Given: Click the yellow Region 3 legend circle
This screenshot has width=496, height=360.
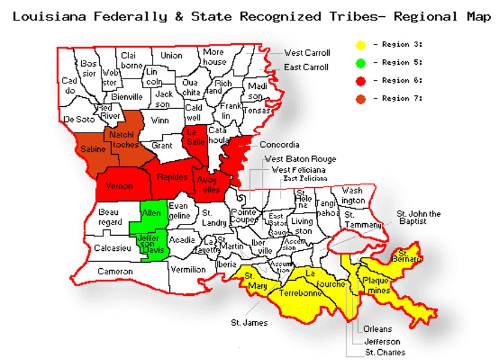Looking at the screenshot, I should point(360,45).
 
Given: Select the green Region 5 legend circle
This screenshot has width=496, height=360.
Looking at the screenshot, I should point(360,62).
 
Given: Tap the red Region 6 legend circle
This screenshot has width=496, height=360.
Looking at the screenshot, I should point(360,80).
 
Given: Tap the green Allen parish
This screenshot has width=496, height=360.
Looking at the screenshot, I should point(151,214).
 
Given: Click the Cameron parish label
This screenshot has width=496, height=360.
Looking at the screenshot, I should point(115,272).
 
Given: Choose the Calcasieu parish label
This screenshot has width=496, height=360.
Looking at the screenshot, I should point(112,248).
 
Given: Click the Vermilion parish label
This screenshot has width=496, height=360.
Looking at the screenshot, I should point(189,269).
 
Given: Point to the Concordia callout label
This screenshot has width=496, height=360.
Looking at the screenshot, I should point(279,145).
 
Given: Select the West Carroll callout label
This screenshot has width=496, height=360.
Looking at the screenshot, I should point(307,53).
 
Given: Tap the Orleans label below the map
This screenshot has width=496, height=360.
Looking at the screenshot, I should point(377,329).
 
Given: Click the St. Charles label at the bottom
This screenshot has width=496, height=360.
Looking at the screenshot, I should point(385,352).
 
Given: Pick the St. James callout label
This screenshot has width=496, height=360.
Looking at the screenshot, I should point(249,322).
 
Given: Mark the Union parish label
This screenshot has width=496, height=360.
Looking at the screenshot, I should point(171,56).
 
